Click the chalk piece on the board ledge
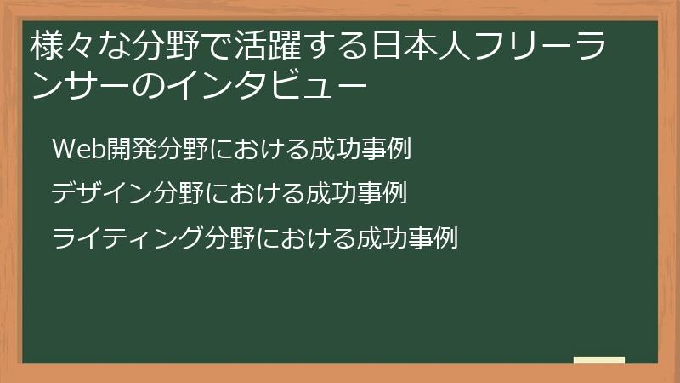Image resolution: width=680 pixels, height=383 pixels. pos(598,360)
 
